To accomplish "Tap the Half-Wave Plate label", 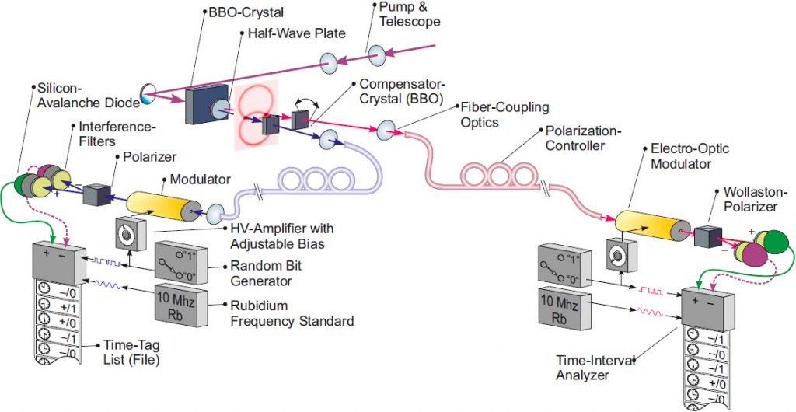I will click(292, 34).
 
